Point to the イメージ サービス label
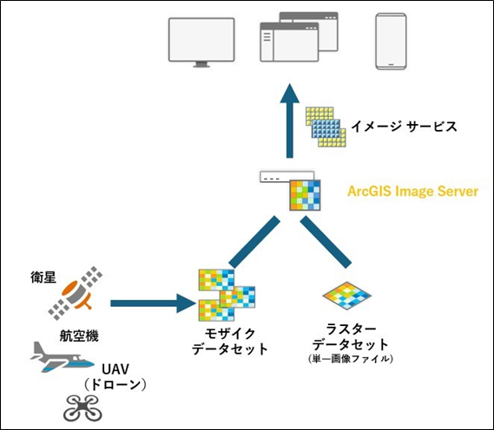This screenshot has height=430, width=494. point(404,127)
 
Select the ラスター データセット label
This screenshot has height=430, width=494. point(351,338)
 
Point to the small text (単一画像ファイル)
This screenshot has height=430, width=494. point(351,358)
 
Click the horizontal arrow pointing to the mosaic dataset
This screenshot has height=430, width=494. point(153,303)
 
